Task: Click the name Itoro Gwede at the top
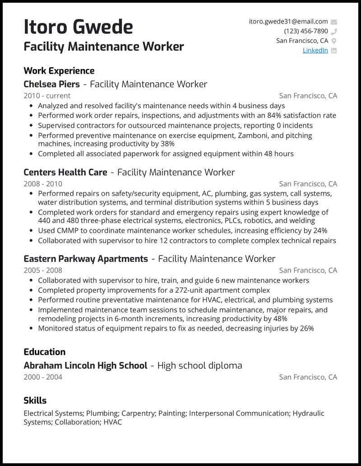(78, 27)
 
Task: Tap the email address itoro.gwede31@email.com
(288, 21)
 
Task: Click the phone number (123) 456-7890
(306, 31)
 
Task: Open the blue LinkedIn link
(315, 50)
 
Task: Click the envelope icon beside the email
(334, 22)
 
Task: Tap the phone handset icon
(334, 32)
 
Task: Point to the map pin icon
(334, 41)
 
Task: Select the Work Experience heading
(59, 71)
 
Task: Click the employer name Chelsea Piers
(51, 84)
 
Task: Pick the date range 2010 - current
(47, 96)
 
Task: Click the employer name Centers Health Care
(65, 172)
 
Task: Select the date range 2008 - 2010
(43, 184)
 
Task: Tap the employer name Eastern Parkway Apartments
(86, 259)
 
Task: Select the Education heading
(44, 352)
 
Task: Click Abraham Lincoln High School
(85, 365)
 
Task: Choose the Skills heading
(35, 401)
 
